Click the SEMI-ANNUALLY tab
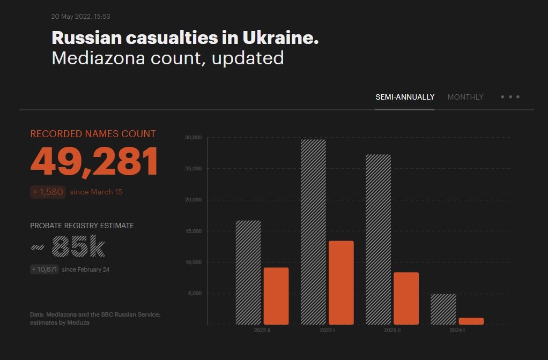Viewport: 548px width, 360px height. click(x=405, y=97)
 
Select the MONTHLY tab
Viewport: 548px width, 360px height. click(x=465, y=97)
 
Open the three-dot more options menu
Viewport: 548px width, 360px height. click(x=510, y=97)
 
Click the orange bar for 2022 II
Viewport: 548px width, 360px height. click(x=276, y=296)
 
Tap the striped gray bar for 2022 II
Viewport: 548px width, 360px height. click(x=248, y=272)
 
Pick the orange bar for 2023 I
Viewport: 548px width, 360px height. click(x=341, y=282)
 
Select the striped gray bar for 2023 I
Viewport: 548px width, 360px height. click(x=313, y=231)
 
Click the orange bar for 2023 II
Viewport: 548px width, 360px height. click(x=406, y=298)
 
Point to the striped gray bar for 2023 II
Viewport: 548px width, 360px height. click(x=378, y=239)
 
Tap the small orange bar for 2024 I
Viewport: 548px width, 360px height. click(x=471, y=321)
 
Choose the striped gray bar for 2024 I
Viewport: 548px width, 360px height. click(x=443, y=309)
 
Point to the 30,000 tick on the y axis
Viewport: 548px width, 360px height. click(x=192, y=138)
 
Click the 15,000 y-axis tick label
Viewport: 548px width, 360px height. click(x=192, y=231)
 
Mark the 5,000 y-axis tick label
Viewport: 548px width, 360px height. click(x=194, y=294)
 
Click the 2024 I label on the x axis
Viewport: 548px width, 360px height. click(x=457, y=331)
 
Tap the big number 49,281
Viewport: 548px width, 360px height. click(x=94, y=162)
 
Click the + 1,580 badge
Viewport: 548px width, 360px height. click(x=48, y=192)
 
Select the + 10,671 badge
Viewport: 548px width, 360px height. click(x=44, y=269)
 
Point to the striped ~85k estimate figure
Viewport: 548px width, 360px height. click(x=68, y=247)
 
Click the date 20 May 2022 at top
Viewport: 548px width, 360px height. click(x=80, y=17)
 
